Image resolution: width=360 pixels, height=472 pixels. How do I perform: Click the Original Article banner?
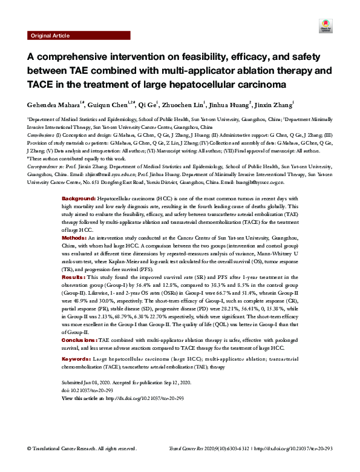[50, 36]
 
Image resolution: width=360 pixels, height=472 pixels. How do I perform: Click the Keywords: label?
[77, 359]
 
